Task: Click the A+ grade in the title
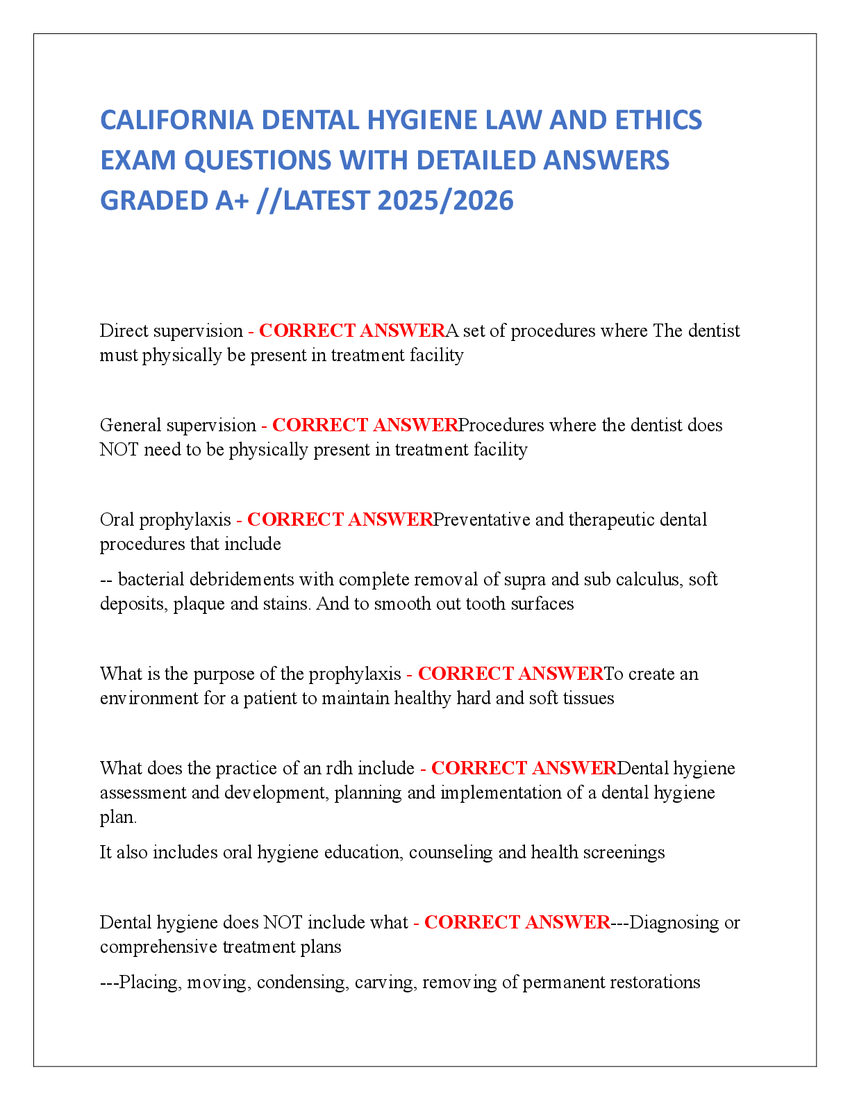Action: click(232, 201)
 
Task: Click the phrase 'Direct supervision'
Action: click(171, 331)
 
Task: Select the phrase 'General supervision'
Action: click(178, 425)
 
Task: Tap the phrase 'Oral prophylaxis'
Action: click(165, 520)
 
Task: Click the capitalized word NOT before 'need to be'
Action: click(119, 449)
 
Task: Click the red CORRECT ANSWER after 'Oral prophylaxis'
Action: click(340, 520)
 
